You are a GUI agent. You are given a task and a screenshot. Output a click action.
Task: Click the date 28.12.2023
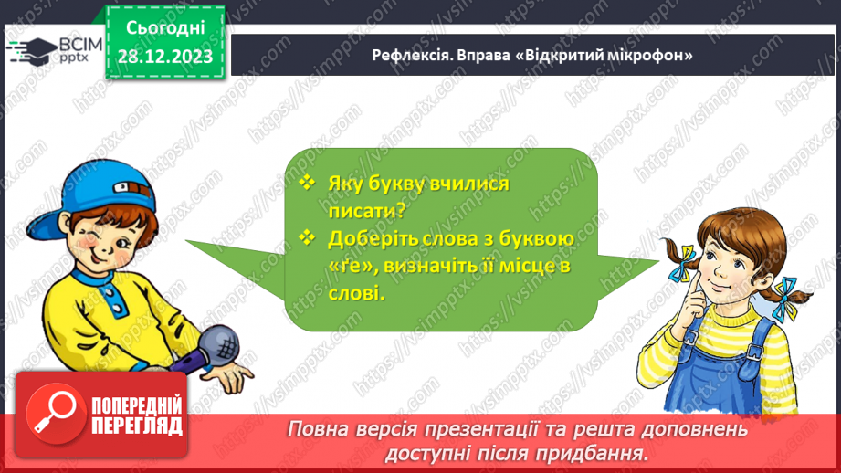tap(165, 57)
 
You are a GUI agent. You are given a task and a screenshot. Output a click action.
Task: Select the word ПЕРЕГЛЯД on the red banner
tap(137, 426)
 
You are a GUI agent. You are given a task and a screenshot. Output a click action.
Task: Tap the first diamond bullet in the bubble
tap(307, 183)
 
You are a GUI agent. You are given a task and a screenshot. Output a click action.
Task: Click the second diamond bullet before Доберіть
tap(307, 239)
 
